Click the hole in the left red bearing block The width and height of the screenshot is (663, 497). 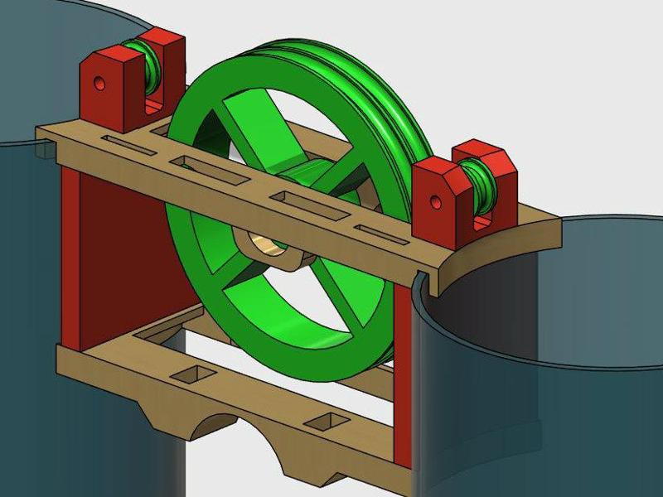[99, 84]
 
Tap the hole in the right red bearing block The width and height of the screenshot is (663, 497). [438, 201]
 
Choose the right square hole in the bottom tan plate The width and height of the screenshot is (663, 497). [322, 422]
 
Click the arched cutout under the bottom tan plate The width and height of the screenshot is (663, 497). [206, 422]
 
